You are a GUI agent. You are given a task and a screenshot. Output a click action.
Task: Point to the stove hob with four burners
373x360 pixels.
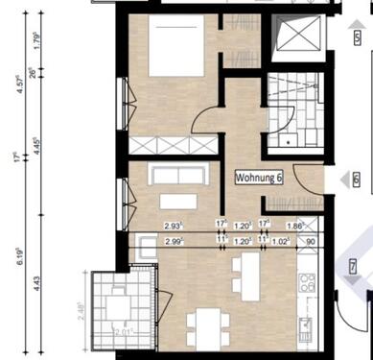pos(308,282)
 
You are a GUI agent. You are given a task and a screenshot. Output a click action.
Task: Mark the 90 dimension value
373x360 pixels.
pos(310,243)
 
